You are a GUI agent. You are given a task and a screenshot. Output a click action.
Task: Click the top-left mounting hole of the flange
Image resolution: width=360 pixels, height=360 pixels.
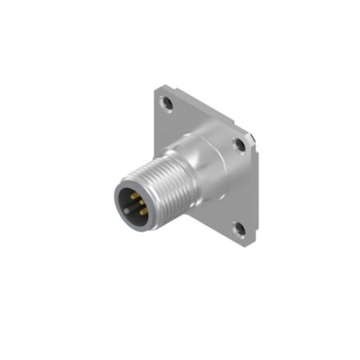166,103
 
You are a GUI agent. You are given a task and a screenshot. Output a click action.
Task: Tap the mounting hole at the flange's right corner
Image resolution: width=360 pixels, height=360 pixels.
238,145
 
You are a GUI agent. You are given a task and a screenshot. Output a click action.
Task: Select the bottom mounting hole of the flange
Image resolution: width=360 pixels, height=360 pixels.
238,230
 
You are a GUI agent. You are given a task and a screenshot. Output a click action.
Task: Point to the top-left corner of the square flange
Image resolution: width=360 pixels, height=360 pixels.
157,86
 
